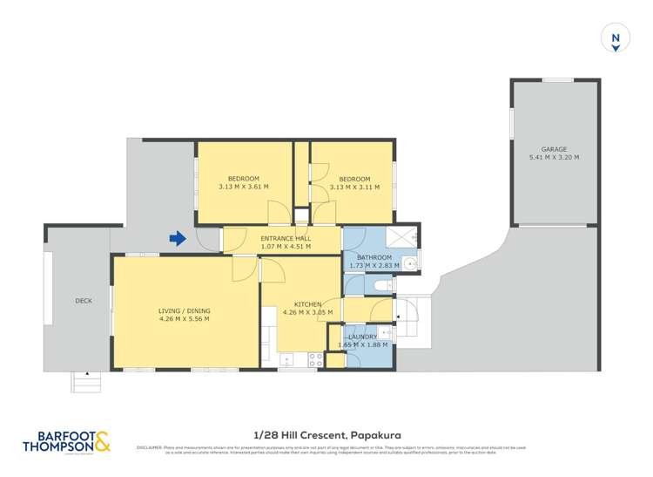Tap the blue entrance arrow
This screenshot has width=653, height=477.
point(178,237)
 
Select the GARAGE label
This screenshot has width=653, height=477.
point(553,149)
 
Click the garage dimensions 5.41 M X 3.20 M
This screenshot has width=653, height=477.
point(553,158)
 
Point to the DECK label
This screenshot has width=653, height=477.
point(84,301)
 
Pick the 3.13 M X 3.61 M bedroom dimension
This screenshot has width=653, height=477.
point(243,187)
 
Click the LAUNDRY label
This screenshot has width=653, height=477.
point(361,337)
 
